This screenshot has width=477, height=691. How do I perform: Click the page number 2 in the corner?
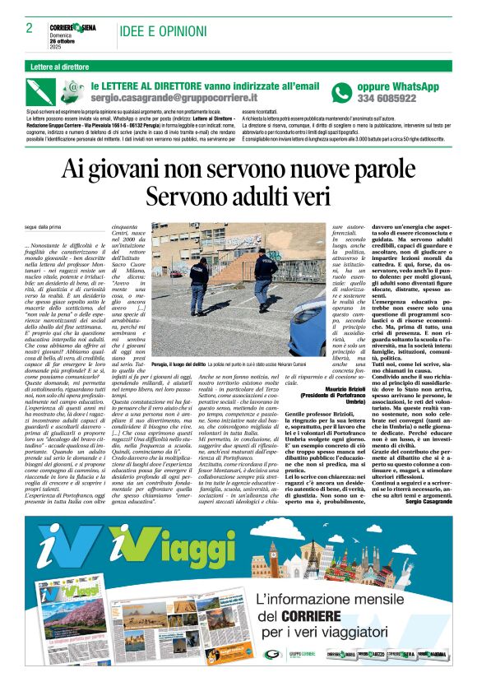point(29,27)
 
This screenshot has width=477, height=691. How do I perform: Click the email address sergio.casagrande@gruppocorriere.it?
point(171,98)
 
